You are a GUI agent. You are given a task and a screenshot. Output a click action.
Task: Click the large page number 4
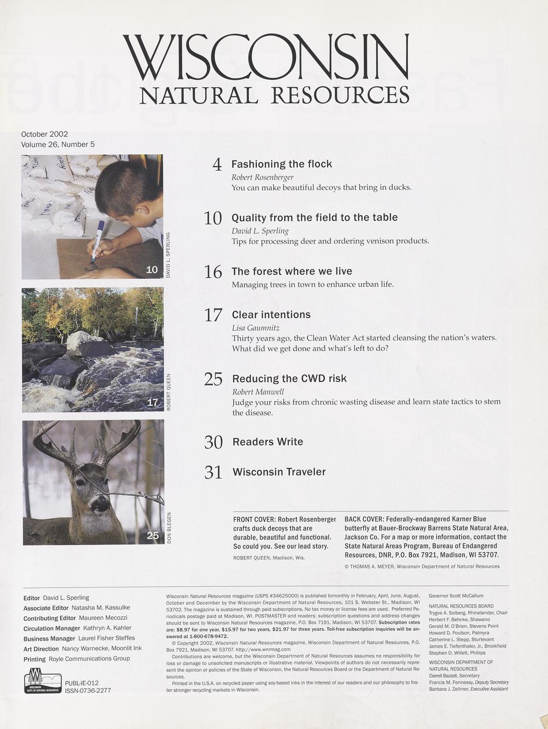217,165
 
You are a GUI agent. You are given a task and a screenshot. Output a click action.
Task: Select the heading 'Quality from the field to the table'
314,218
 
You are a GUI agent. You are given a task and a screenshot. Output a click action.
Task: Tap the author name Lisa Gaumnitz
255,328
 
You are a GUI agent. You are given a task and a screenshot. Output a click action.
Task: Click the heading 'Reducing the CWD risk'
289,379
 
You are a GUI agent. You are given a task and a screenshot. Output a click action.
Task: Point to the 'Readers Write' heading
268,442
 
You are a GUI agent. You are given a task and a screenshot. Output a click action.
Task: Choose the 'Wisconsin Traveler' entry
279,472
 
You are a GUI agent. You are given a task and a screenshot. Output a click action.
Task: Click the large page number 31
213,472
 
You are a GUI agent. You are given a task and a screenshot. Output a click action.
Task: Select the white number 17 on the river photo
152,403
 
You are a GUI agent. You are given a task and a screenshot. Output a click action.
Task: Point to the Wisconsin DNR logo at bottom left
42,681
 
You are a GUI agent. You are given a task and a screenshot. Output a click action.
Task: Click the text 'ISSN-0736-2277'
88,690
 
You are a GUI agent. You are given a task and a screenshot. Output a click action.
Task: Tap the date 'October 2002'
44,134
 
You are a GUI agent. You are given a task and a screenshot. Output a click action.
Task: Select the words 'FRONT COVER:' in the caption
254,519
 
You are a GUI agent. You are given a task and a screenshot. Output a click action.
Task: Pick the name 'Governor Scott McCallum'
456,595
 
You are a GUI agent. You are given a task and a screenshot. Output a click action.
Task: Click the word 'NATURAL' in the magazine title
198,96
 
